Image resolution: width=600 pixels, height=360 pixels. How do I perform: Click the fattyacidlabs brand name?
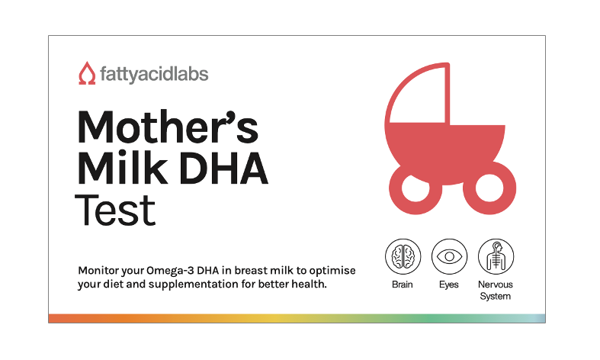click(154, 74)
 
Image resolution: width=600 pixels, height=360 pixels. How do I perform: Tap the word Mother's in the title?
click(168, 127)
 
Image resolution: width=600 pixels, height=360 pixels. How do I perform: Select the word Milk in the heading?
click(123, 169)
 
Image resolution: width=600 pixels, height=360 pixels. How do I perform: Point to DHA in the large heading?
click(223, 169)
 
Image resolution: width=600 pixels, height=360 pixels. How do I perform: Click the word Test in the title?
click(115, 211)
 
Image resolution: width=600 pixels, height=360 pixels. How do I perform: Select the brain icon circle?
click(403, 256)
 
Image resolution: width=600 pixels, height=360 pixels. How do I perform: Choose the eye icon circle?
click(449, 256)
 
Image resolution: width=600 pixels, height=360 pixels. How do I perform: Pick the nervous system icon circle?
click(496, 256)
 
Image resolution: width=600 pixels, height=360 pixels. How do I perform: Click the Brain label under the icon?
click(403, 284)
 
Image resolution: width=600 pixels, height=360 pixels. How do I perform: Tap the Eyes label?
click(449, 285)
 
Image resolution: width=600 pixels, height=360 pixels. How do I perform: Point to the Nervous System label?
click(496, 291)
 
